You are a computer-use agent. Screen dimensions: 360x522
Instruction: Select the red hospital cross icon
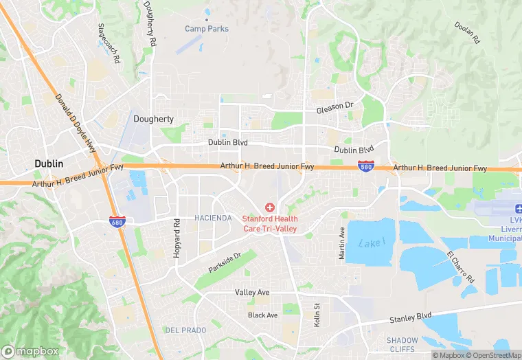tap(269, 207)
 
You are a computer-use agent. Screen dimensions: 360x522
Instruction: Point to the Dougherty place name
tap(153, 119)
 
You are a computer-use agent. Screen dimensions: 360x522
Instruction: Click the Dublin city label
tap(49, 164)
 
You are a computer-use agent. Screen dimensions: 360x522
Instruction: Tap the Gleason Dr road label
tap(334, 109)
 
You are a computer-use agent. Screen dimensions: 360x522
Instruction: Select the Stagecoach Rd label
tap(109, 46)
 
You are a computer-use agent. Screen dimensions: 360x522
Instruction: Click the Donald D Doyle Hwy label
tap(76, 124)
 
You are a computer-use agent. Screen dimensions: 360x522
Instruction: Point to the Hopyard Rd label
tap(177, 234)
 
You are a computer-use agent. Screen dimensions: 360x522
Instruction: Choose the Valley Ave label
tap(252, 292)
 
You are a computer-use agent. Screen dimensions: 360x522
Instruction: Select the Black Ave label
tap(262, 315)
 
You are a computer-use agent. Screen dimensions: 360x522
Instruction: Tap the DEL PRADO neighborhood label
tap(185, 330)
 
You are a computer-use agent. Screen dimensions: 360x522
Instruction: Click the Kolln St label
tap(317, 315)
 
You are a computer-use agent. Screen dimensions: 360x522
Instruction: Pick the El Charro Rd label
tap(461, 268)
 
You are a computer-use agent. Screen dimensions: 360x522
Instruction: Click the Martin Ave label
tap(341, 243)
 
